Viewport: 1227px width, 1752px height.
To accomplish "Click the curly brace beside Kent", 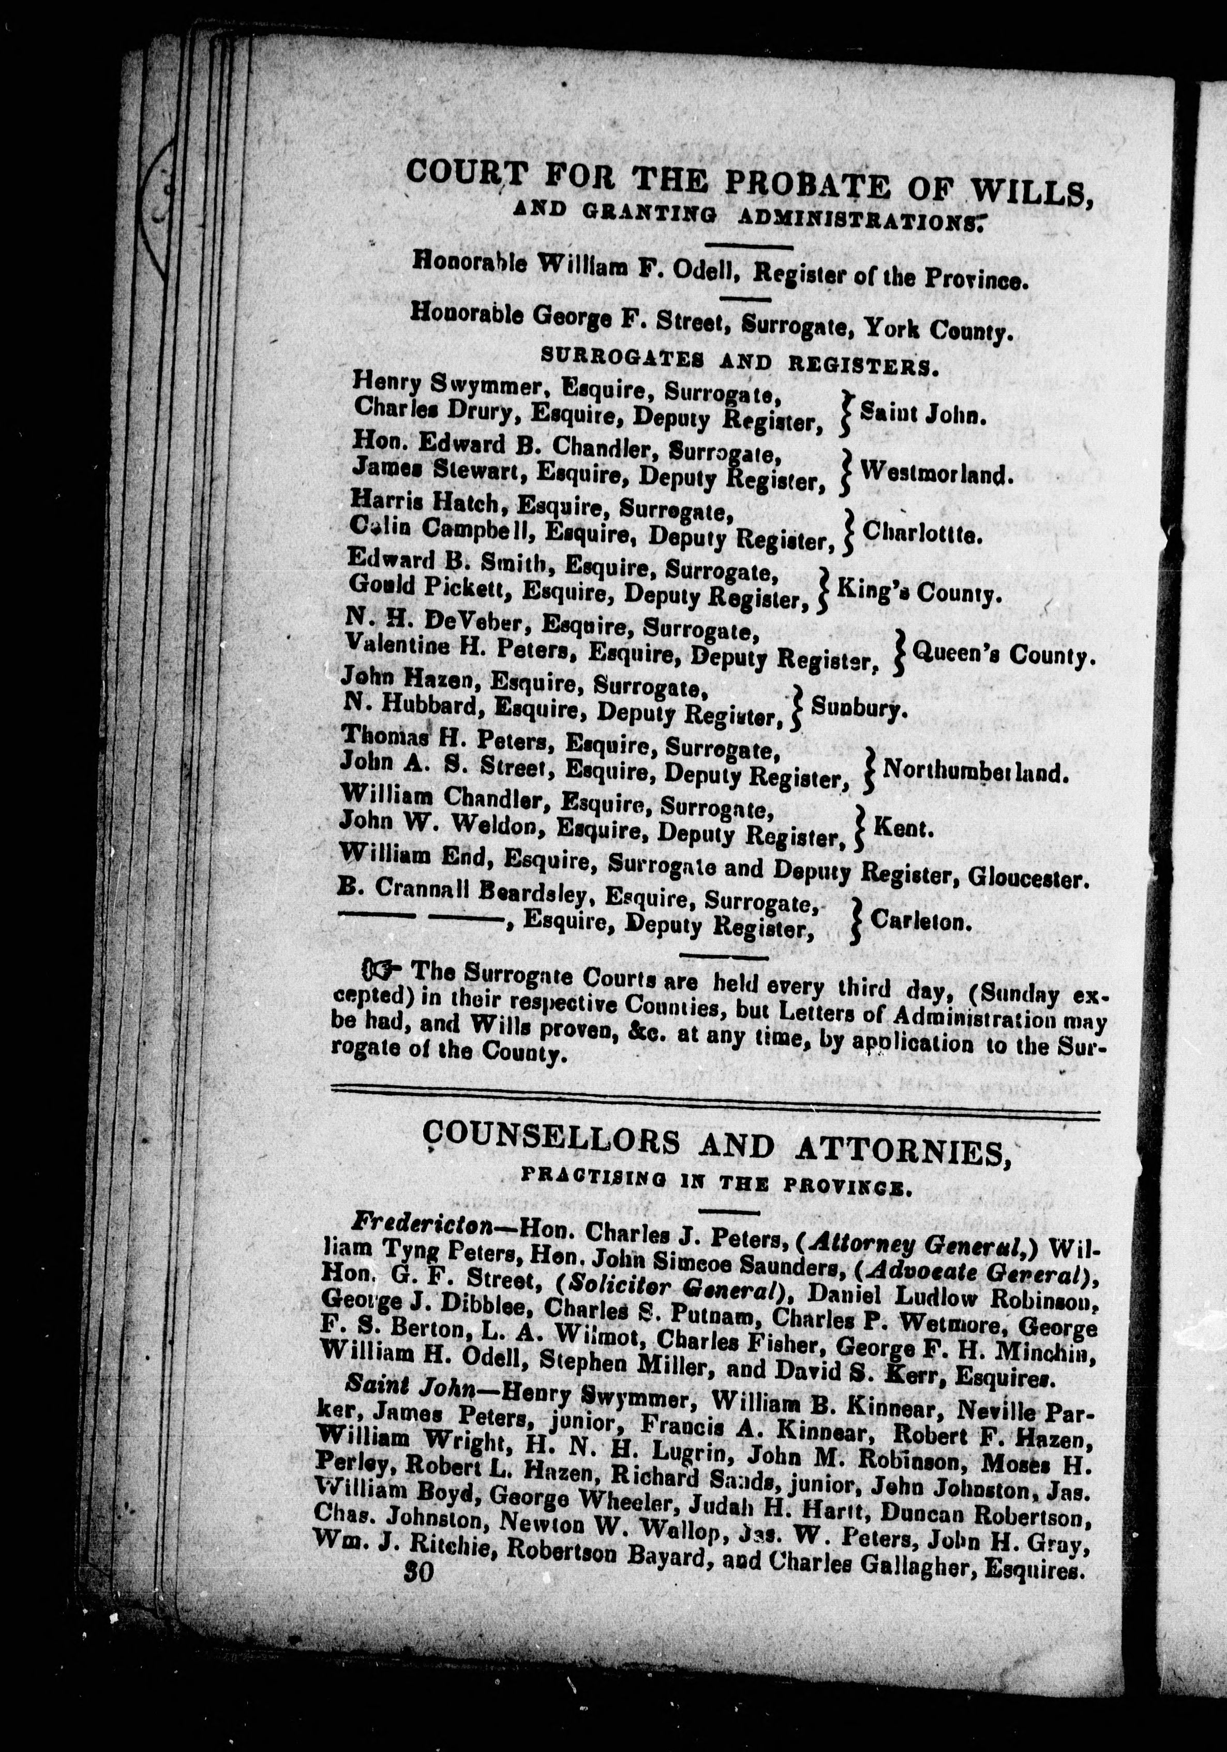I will [x=859, y=828].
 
